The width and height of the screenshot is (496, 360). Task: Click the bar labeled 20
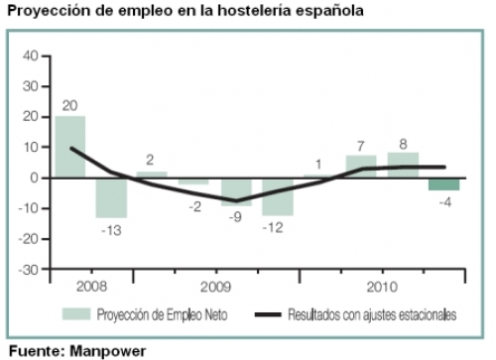[69, 147]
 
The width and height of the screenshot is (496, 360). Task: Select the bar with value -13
[111, 197]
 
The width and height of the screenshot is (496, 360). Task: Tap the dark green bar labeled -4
[443, 183]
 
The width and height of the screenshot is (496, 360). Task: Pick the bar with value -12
[278, 196]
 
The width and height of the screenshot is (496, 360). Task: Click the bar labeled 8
[402, 165]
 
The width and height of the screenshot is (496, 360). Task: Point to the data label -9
[236, 217]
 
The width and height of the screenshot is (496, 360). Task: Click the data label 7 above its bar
[361, 145]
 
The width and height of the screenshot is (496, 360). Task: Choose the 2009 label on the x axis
[215, 287]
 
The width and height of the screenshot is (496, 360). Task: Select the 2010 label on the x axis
[382, 287]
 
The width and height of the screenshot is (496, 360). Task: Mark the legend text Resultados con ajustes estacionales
[371, 315]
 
